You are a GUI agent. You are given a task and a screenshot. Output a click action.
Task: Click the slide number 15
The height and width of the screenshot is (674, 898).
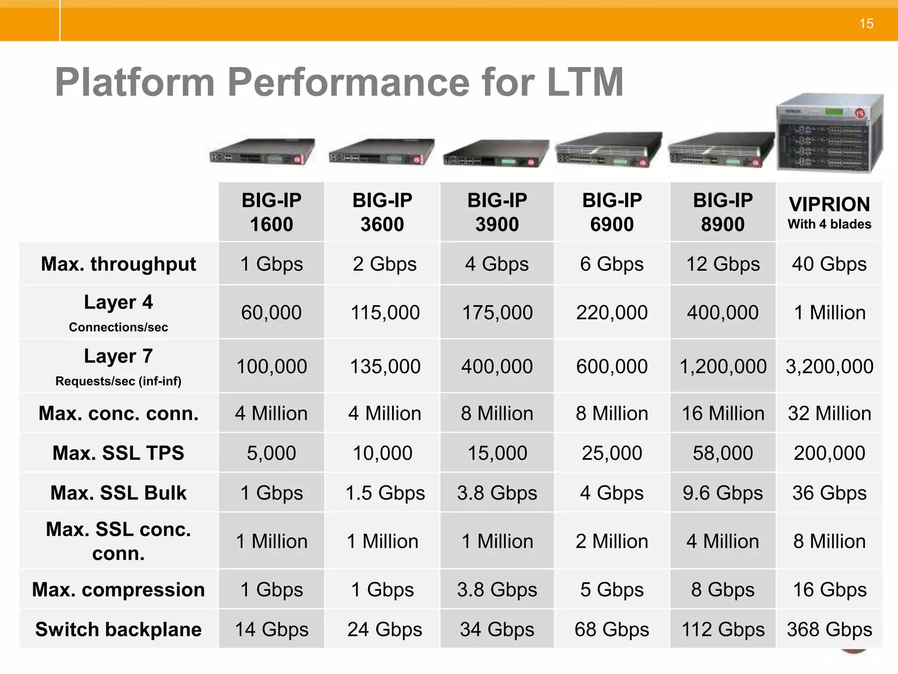coord(866,24)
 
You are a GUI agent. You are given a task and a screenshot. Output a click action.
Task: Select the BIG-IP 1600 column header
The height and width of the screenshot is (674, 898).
coord(271,212)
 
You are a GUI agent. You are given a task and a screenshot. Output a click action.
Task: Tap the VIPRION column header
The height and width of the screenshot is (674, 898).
coord(829,212)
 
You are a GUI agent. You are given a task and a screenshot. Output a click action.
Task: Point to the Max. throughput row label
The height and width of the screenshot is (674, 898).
coord(118,264)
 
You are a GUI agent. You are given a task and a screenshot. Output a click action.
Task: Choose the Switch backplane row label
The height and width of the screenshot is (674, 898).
coord(118,629)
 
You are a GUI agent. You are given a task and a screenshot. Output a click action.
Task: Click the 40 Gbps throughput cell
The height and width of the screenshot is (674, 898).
coord(829,264)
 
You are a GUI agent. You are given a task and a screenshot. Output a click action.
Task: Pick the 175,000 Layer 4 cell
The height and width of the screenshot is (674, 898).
coord(497,312)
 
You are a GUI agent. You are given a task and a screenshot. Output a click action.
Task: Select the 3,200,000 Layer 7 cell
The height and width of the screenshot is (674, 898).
coord(829,366)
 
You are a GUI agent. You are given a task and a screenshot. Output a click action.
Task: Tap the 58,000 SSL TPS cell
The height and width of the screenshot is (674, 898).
coord(723,453)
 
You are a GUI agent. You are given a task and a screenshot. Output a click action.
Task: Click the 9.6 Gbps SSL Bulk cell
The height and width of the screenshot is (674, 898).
coord(723,493)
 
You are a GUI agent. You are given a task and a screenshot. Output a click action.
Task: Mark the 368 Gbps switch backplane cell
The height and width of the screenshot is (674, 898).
coord(829,629)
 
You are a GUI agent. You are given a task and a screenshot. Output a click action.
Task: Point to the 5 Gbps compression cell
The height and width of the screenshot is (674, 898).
coord(612,589)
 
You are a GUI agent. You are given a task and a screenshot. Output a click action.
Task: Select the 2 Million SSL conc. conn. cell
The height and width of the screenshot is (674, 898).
coord(612,541)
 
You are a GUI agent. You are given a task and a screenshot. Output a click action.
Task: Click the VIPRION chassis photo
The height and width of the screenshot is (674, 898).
coord(829,134)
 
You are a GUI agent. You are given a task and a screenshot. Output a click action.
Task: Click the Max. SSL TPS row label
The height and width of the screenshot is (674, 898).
coord(118,453)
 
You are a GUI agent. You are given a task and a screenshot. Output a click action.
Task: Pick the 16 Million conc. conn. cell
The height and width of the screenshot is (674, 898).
coord(723,413)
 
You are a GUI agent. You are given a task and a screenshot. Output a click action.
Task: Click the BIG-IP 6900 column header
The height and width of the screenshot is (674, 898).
coord(612,212)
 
